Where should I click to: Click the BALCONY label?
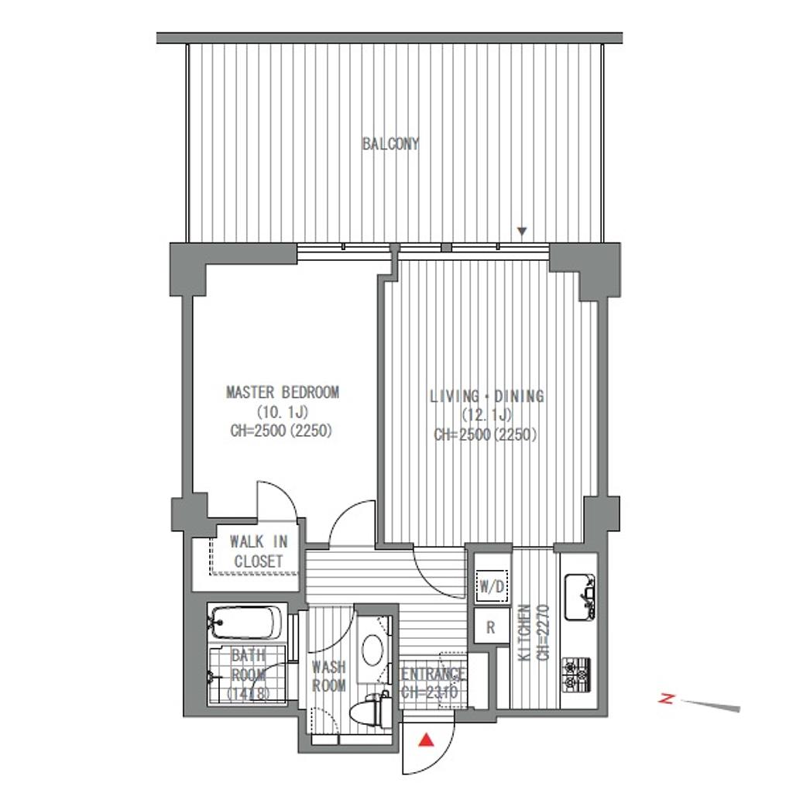pos(390,144)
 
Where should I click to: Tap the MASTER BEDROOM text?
pos(282,393)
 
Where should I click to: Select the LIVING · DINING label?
pos(486,396)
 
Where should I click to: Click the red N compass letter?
pos(667,699)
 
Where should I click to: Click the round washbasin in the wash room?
pos(373,649)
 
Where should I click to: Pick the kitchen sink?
pos(579,597)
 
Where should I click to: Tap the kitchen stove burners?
pos(577,675)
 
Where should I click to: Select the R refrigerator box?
pos(490,627)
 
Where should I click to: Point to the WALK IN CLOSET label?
pos(259,551)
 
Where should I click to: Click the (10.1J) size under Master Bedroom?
pos(282,412)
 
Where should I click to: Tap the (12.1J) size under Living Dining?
pos(486,415)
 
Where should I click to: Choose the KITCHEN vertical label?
pos(525,632)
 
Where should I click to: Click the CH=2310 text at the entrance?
pos(430,692)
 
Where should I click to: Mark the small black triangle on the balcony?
pos(523,231)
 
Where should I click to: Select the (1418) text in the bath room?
pos(248,693)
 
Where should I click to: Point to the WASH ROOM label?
pos(328,676)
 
